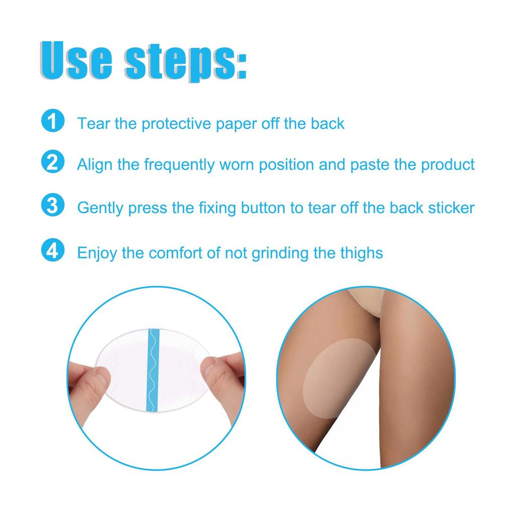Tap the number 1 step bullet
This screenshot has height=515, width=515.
click(52, 122)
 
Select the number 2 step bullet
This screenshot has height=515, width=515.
click(52, 163)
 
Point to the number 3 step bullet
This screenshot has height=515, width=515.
click(52, 207)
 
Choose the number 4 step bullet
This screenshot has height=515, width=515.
click(52, 251)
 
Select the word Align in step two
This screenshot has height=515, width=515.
click(94, 165)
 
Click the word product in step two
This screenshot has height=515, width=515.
click(448, 165)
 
